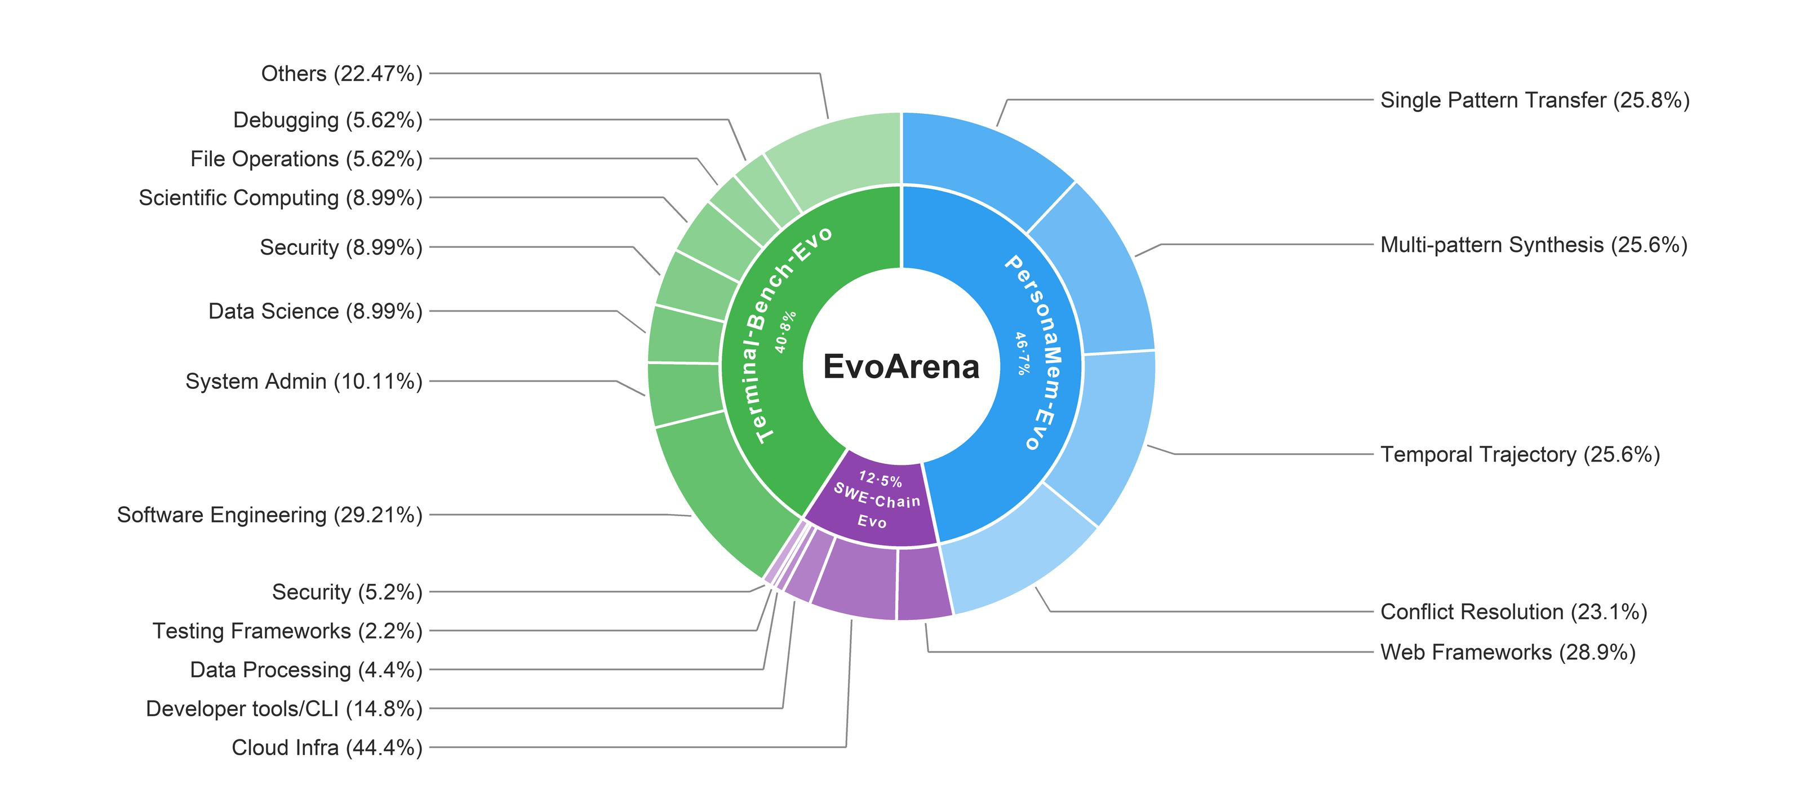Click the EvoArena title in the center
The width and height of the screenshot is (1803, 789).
[x=901, y=367]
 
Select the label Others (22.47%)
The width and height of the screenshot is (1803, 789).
[x=341, y=73]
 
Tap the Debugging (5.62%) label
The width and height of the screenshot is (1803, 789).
[x=327, y=119]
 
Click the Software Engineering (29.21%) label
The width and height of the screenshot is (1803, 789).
[x=269, y=515]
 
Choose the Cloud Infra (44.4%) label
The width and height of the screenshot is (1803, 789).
[x=327, y=748]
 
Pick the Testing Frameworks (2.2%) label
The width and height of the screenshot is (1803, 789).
[x=288, y=631]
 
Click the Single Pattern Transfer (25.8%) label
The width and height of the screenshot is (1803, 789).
[x=1535, y=100]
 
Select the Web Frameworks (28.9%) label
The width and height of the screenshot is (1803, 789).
[x=1508, y=653]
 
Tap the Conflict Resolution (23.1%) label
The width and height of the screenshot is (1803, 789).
[x=1513, y=612]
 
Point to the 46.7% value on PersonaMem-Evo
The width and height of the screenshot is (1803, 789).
[x=1023, y=353]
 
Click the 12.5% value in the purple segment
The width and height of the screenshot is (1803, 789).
[x=881, y=479]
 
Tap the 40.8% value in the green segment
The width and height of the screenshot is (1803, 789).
[x=785, y=332]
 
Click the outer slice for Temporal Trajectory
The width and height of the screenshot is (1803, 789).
[x=1113, y=434]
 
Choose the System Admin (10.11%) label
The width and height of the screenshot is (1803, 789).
[x=304, y=382]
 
